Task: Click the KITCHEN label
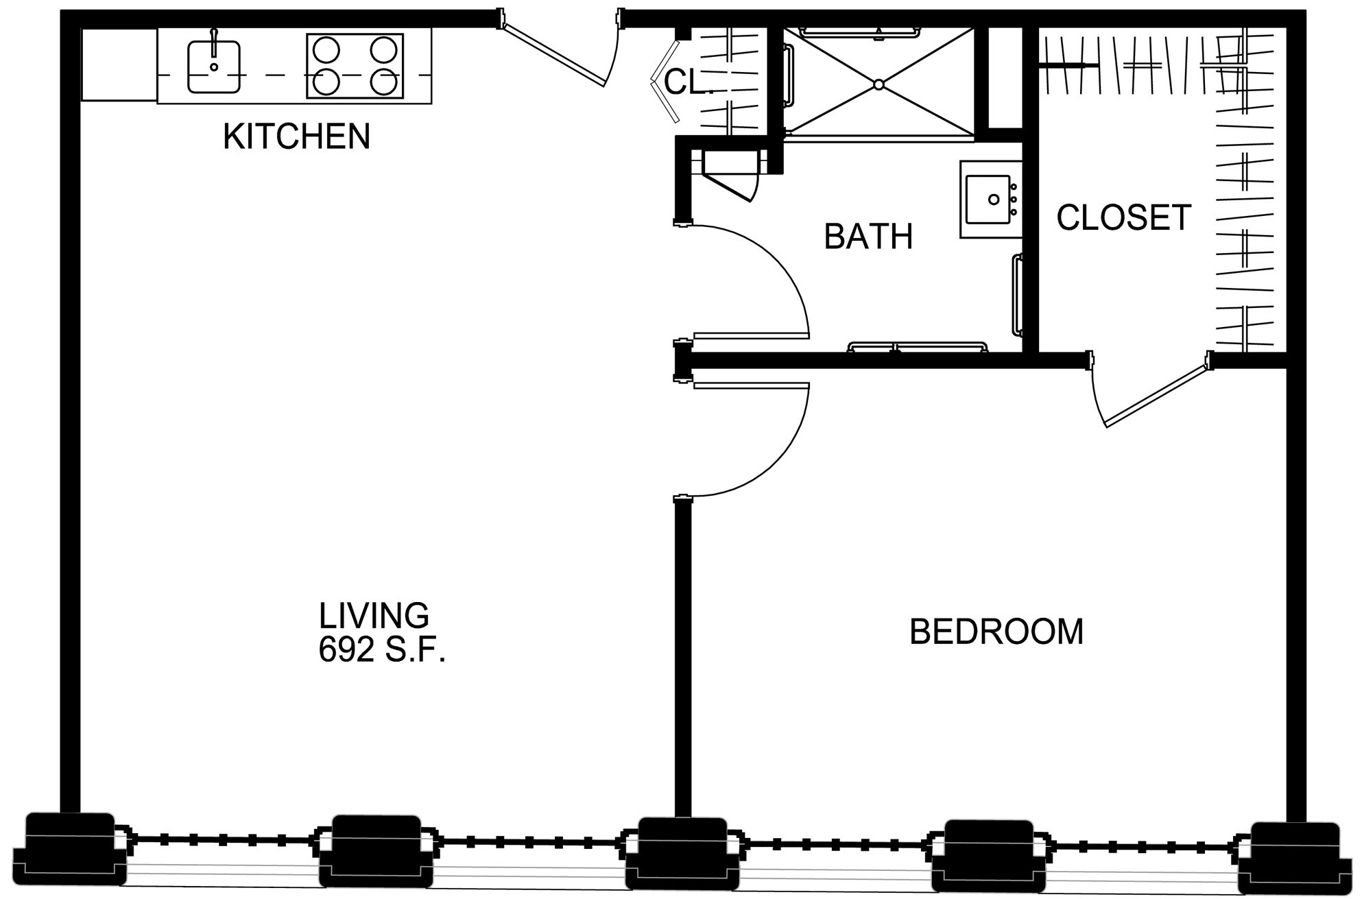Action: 296,136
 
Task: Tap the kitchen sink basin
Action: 214,67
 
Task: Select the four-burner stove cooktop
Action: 355,67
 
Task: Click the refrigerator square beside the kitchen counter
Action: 119,65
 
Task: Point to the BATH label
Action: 868,237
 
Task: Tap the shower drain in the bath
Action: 878,84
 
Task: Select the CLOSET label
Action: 1123,217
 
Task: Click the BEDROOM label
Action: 996,632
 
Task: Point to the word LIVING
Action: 374,615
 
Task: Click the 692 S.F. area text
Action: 382,649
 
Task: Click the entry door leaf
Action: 554,56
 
